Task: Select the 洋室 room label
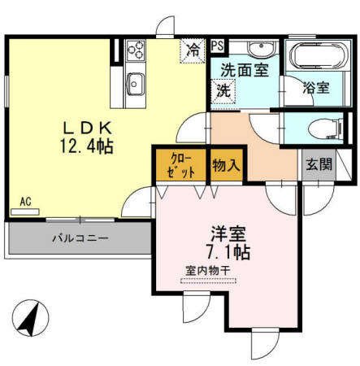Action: (210, 230)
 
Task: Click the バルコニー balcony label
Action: (80, 239)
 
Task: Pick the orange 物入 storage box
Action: (226, 165)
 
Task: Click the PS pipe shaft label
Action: (218, 46)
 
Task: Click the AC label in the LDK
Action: (26, 202)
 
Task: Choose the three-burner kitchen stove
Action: (135, 50)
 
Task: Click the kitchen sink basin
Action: (134, 83)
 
